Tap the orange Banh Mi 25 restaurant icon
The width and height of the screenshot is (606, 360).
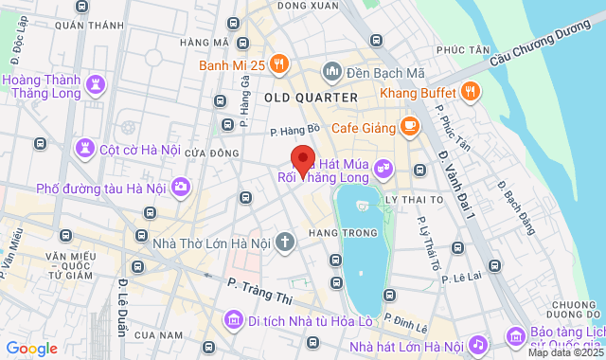pos(278,64)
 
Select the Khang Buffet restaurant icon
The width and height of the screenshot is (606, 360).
pos(472,92)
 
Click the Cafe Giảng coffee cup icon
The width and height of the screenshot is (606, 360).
pos(410,124)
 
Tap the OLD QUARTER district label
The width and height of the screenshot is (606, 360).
pos(311,98)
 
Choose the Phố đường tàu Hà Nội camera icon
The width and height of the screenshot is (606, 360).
pos(181,187)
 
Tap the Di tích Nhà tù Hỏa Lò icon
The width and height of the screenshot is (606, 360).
pos(232,320)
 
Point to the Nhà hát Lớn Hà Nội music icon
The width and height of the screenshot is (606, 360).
pos(478,344)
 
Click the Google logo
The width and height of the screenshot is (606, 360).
pos(31,349)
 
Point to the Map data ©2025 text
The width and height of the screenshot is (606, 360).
pos(565,352)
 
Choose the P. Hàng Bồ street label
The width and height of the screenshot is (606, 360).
pos(290,134)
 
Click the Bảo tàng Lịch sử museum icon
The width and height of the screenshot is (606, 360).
pos(515,336)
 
